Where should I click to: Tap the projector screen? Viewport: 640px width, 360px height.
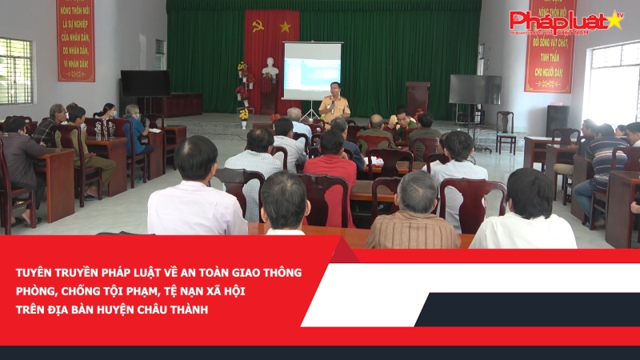click(312, 70)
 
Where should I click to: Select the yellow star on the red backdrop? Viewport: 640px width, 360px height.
click(285, 26)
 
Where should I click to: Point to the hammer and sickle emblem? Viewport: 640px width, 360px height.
click(258, 26)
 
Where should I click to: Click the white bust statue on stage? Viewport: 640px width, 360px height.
click(270, 70)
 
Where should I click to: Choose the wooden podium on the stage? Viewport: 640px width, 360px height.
click(418, 97)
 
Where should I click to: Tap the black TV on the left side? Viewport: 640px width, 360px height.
click(145, 83)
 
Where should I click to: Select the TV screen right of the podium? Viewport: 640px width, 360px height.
click(474, 90)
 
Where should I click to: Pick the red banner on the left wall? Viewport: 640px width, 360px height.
click(75, 39)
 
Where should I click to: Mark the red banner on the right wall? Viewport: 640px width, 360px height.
click(550, 48)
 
